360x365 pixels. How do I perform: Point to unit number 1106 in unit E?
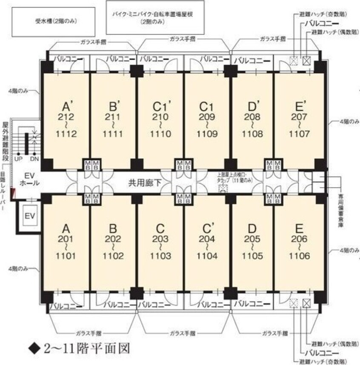pyautogui.click(x=297, y=257)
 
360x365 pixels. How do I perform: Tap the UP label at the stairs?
pyautogui.click(x=18, y=159)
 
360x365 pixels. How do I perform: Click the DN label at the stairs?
pyautogui.click(x=34, y=159)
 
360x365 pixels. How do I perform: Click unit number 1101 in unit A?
pyautogui.click(x=66, y=257)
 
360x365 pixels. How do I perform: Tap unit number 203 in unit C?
pyautogui.click(x=160, y=239)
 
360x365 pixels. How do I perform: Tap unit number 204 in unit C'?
pyautogui.click(x=207, y=239)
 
